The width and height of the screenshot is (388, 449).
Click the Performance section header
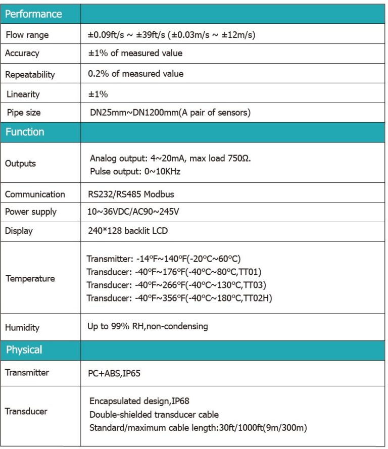click(33, 14)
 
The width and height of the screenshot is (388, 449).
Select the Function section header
click(25, 132)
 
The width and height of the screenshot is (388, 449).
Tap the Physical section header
click(24, 350)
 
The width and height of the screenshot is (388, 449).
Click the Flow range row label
click(27, 35)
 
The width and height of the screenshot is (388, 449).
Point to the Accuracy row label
click(22, 53)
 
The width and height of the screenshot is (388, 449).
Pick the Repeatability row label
click(30, 74)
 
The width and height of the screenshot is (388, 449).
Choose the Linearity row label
click(23, 94)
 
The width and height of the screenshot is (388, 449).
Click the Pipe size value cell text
click(169, 113)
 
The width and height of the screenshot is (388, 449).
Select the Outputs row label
click(20, 163)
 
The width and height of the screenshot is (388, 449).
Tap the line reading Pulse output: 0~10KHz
click(135, 171)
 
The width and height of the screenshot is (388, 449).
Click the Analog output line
click(170, 158)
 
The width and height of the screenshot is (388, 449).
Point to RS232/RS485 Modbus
click(131, 194)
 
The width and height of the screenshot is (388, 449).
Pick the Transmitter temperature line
click(163, 259)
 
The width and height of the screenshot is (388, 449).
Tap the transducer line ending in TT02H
click(179, 298)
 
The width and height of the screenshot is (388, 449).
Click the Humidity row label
click(22, 327)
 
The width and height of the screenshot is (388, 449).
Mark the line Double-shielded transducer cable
click(154, 415)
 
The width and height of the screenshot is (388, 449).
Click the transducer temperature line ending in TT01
click(174, 272)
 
